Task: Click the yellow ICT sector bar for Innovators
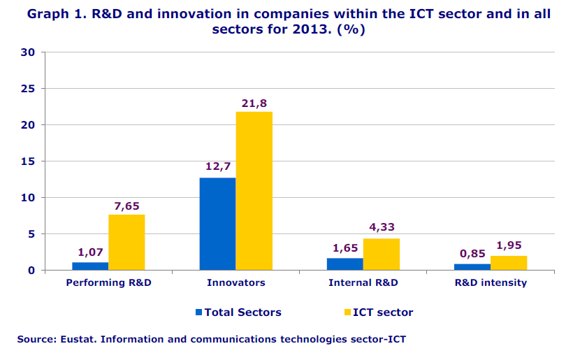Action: coord(254,191)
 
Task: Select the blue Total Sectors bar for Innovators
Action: coord(217,224)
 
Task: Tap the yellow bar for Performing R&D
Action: coord(126,242)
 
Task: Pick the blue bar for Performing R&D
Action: coord(90,266)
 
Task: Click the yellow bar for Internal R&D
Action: coord(382,254)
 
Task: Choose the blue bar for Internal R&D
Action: coord(345,264)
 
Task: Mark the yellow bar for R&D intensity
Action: coord(509,263)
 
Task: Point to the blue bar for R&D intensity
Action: coord(472,267)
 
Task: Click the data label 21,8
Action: coord(254,103)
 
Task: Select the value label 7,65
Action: coord(126,206)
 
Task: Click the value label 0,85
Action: coord(472,254)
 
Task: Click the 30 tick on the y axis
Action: coord(28,52)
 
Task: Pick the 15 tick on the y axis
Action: coord(28,161)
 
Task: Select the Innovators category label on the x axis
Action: coord(235,283)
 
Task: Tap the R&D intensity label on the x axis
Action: coord(491,283)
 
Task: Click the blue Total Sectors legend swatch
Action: coord(198,312)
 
